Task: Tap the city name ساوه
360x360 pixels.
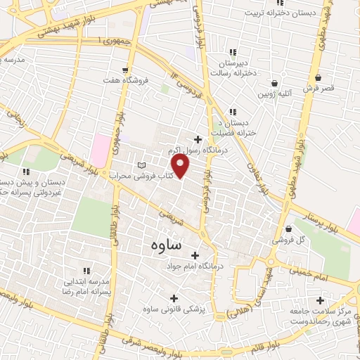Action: point(166,245)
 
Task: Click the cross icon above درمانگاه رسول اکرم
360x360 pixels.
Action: point(198,139)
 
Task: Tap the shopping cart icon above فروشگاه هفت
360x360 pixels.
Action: point(125,70)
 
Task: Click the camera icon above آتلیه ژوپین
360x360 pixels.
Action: point(274,82)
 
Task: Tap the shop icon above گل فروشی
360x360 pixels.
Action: point(290,229)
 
